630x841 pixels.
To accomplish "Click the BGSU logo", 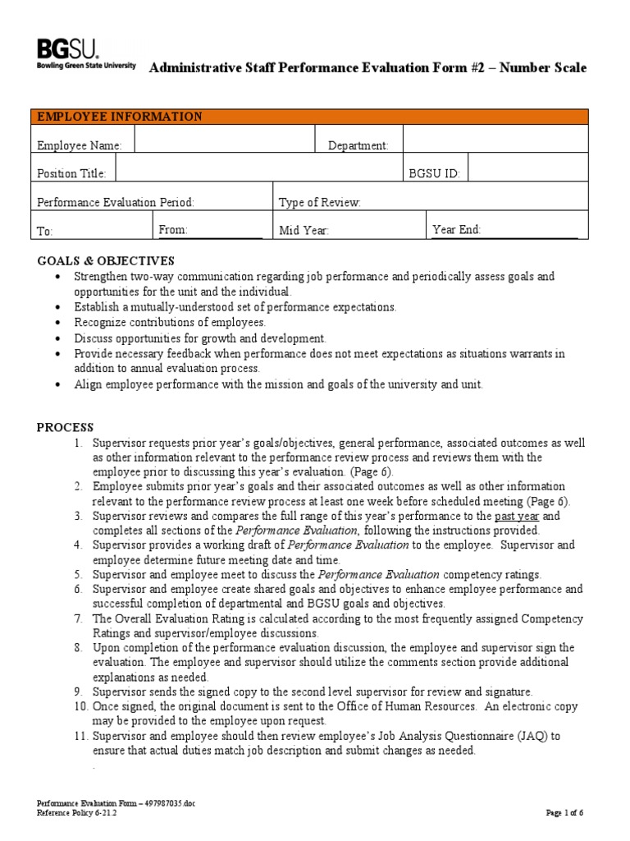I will point(86,54).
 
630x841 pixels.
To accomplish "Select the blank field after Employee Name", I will point(225,140).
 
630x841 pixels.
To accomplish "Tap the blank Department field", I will point(495,140).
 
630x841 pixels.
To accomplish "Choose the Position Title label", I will point(72,173).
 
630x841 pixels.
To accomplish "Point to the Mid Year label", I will point(304,231).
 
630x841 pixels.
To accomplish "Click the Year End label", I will point(456,230).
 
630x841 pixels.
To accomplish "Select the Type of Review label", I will point(319,203).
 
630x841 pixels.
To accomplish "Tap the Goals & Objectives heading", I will point(106,261).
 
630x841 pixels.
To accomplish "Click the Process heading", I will point(66,427).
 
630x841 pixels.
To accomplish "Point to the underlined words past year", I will point(516,516).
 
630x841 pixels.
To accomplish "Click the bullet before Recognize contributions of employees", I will point(57,323).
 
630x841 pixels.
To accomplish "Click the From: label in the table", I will point(173,230).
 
